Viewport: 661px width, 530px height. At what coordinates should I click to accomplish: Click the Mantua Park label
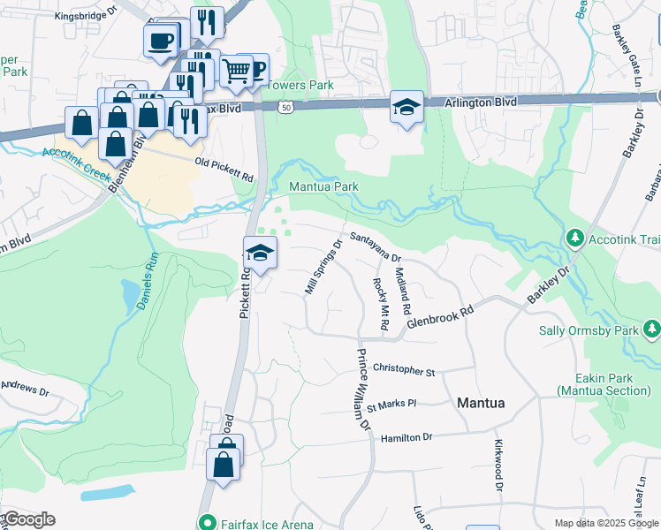[x=323, y=186]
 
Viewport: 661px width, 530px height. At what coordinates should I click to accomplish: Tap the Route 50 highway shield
[x=285, y=106]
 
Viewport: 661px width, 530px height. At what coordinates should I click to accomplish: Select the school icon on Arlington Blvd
[x=406, y=107]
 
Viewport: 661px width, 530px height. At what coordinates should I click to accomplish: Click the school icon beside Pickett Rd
[x=261, y=253]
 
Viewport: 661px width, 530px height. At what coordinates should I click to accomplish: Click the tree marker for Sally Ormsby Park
[x=652, y=329]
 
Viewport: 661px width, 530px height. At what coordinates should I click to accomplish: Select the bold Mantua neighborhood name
[x=481, y=403]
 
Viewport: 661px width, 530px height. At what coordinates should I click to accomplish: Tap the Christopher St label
[x=404, y=369]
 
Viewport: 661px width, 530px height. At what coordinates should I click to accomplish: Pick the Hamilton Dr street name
[x=406, y=437]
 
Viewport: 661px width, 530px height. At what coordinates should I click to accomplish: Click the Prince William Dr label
[x=363, y=389]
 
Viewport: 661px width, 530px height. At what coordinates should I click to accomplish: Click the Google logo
[x=28, y=519]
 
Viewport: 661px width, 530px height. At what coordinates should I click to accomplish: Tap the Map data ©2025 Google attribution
[x=604, y=523]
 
